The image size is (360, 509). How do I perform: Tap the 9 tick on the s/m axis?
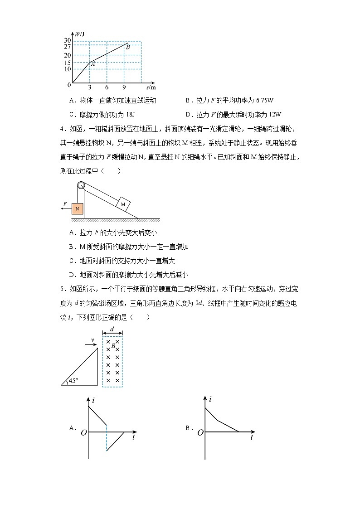click(x=124, y=87)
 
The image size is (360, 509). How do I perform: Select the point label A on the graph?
click(x=92, y=64)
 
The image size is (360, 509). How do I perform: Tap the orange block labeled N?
click(x=78, y=209)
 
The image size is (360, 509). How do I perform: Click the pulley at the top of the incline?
click(x=81, y=185)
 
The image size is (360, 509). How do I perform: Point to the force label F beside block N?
click(x=65, y=204)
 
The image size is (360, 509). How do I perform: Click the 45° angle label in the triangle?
click(x=73, y=381)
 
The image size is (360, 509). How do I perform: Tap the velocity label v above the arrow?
click(x=92, y=339)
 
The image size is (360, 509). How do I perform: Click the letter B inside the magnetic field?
click(x=113, y=346)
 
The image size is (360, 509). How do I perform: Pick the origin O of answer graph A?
click(x=83, y=433)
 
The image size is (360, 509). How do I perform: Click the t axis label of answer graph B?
click(x=252, y=438)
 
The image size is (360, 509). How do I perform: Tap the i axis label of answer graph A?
click(x=93, y=400)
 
